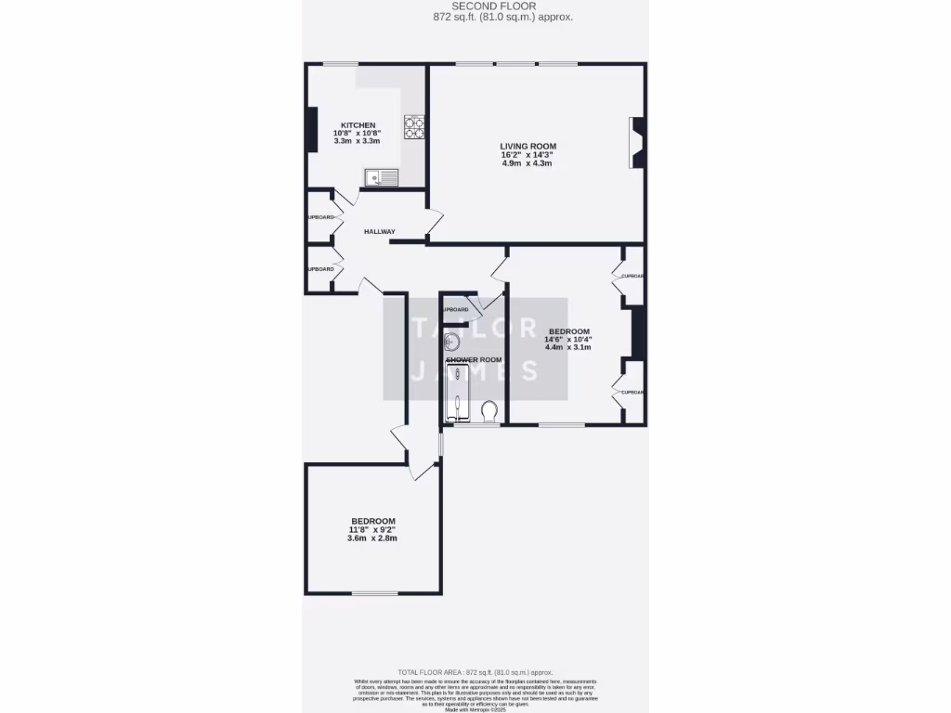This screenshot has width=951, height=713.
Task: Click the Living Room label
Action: point(528,146)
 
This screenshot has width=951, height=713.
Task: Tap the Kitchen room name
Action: point(358,125)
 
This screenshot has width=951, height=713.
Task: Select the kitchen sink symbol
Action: point(381,176)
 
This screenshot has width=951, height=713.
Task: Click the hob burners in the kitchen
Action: point(413,127)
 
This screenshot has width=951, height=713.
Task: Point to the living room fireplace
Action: point(637,143)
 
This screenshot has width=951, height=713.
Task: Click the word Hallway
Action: point(379,232)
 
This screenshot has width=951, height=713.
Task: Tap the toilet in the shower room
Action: point(490,410)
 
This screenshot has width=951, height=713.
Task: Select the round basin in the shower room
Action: point(453,341)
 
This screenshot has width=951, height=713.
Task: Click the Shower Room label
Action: point(474,359)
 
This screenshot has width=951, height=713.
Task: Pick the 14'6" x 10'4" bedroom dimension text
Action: point(568,340)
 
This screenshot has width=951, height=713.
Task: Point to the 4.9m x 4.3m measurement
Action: point(528,163)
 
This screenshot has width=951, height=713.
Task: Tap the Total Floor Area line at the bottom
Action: point(475,671)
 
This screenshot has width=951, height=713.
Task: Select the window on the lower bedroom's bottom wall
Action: point(374,593)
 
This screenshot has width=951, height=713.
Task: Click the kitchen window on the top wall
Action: point(341,63)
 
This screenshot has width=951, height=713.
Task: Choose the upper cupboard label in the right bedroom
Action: point(632,276)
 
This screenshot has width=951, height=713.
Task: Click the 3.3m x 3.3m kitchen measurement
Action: point(358,142)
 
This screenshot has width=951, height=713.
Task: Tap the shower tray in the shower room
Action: point(458,393)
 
